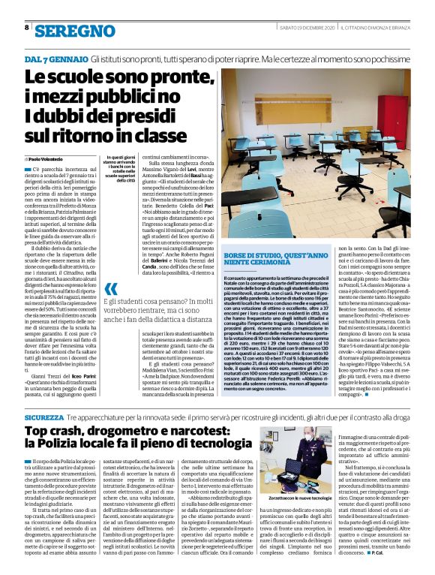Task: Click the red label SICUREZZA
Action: coord(44,416)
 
